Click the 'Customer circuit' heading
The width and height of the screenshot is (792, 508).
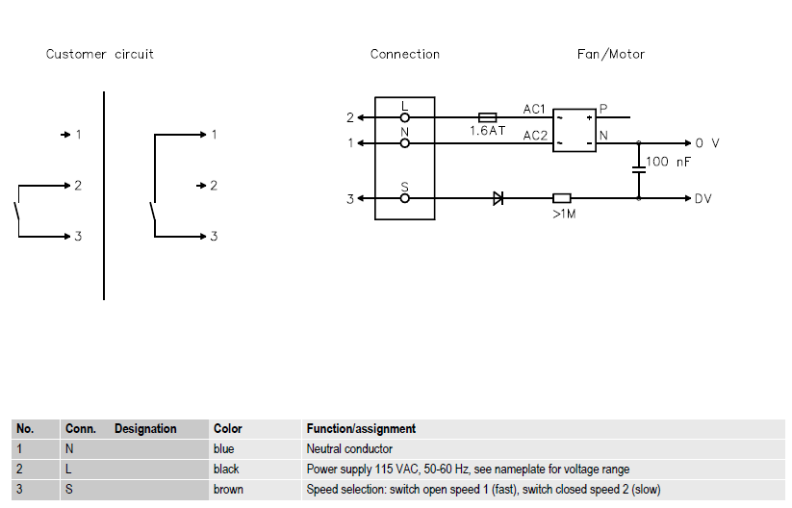[x=100, y=54]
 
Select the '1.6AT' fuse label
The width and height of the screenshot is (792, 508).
[x=488, y=131]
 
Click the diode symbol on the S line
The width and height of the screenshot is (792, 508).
[x=498, y=199]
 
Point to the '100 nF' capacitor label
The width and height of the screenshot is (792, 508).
[x=669, y=162]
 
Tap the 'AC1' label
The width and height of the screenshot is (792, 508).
[x=534, y=109]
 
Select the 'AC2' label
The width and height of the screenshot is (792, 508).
[x=535, y=136]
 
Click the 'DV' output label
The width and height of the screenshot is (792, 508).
[x=704, y=199]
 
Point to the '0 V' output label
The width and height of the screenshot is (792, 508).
[x=707, y=142]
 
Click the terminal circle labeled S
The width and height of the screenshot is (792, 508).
[x=405, y=199]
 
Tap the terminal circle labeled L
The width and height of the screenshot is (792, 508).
[x=405, y=117]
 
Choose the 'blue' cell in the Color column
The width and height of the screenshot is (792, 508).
[x=224, y=448]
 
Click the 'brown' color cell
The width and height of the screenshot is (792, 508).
[x=228, y=490]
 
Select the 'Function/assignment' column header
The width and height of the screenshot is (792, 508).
[x=361, y=428]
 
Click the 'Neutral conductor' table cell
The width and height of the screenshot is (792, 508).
[x=349, y=448]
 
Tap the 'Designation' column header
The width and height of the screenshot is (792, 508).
[x=145, y=428]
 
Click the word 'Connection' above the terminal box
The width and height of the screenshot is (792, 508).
[x=405, y=54]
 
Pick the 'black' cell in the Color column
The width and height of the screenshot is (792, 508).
[x=226, y=469]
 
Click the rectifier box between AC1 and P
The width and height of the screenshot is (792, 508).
[x=574, y=130]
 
